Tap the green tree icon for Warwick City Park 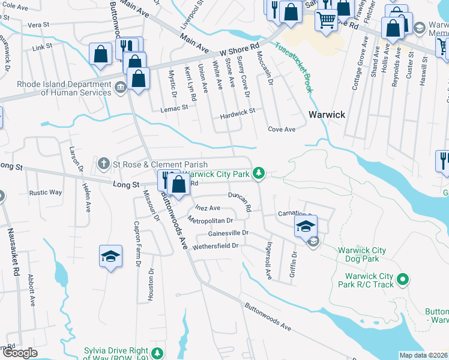(x=259, y=173)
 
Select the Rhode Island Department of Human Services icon (x=120, y=89)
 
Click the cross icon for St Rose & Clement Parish (x=104, y=164)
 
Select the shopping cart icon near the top (x=326, y=19)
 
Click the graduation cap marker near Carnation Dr (x=306, y=226)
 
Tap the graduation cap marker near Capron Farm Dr (x=110, y=256)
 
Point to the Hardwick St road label (x=237, y=111)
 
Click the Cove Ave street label (x=282, y=129)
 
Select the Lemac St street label (x=174, y=108)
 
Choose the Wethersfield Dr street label (x=215, y=245)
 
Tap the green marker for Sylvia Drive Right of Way (x=157, y=352)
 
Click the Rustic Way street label (x=46, y=193)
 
